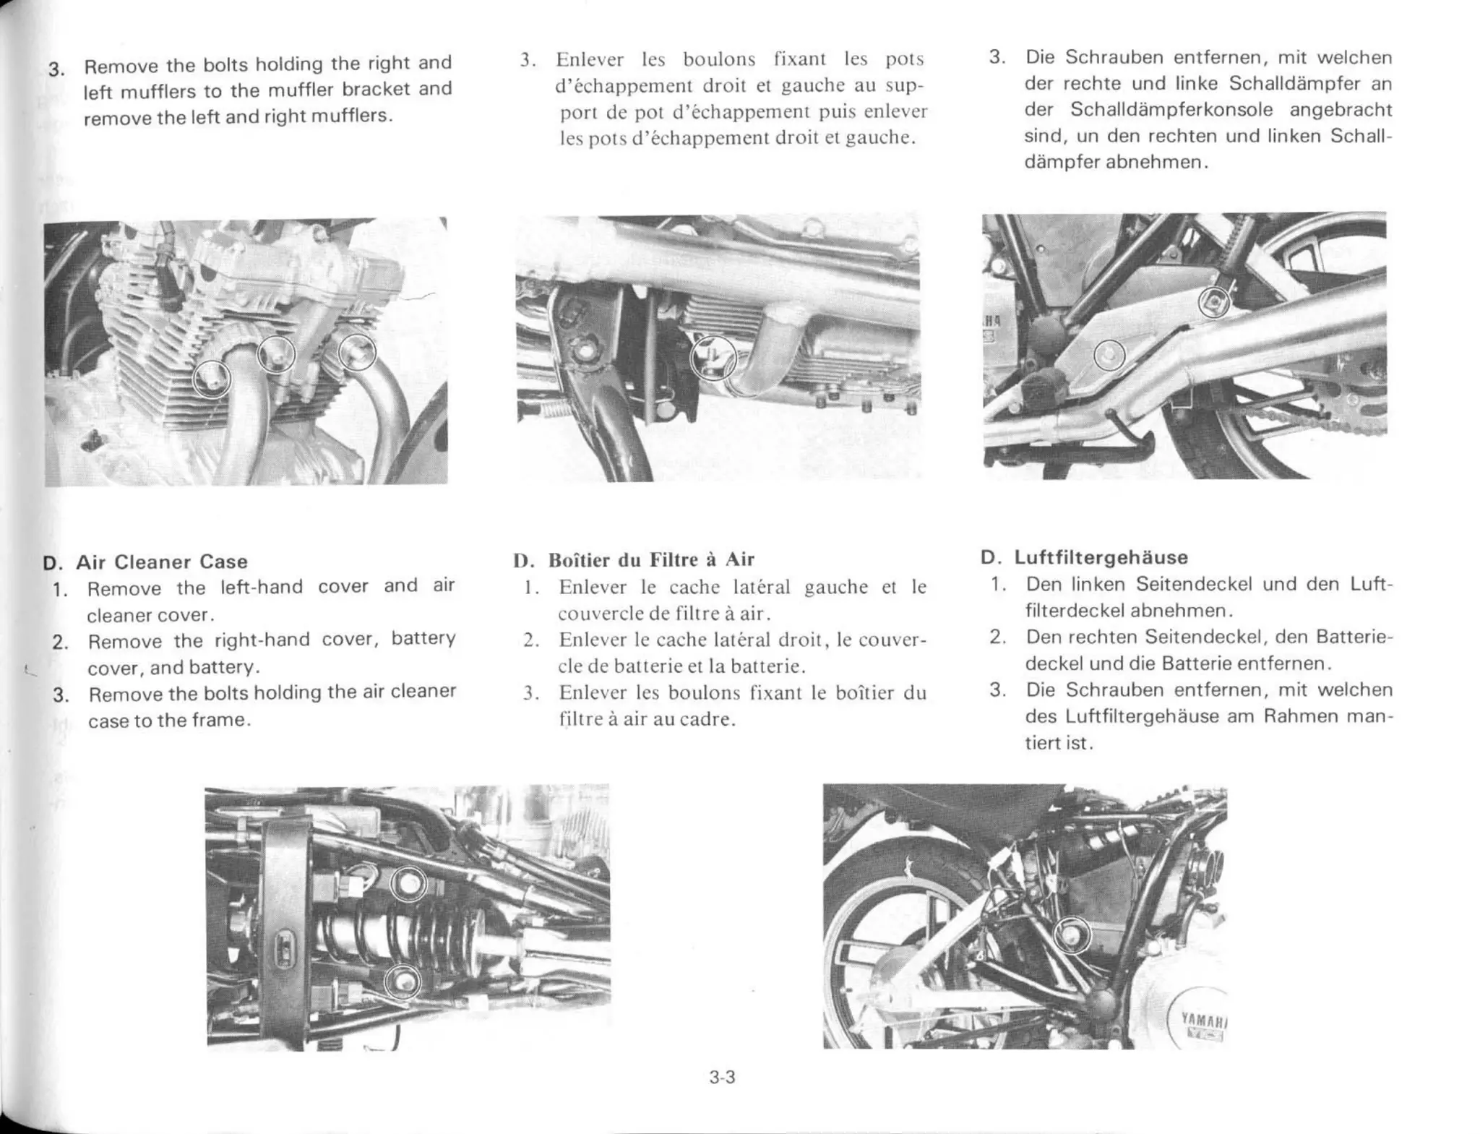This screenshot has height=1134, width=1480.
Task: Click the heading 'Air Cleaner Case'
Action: pos(162,562)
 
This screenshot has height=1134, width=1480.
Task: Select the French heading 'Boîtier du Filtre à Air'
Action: pos(650,559)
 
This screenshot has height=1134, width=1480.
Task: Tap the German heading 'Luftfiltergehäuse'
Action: pos(1101,557)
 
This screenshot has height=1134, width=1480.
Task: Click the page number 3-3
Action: pos(722,1078)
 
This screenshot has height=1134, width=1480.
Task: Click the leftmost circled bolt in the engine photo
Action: pos(212,378)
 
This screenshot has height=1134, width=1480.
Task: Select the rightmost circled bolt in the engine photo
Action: pos(358,352)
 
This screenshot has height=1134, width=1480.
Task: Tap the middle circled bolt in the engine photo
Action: pos(276,354)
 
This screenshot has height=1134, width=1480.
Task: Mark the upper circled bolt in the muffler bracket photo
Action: pos(1214,301)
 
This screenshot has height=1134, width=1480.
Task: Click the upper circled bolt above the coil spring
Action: pos(408,883)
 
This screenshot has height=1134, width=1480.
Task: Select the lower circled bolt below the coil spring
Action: pos(402,981)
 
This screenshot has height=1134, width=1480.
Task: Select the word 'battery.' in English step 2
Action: pos(220,666)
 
